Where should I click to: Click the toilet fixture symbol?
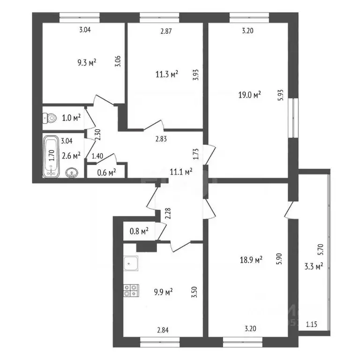[51, 118]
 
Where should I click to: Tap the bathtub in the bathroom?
[51, 157]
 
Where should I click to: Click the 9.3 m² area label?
[87, 62]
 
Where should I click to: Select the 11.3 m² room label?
[167, 74]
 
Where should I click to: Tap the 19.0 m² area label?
[250, 95]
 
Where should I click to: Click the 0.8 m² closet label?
[138, 230]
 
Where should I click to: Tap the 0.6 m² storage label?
[106, 172]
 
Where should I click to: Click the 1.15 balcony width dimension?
[312, 323]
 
